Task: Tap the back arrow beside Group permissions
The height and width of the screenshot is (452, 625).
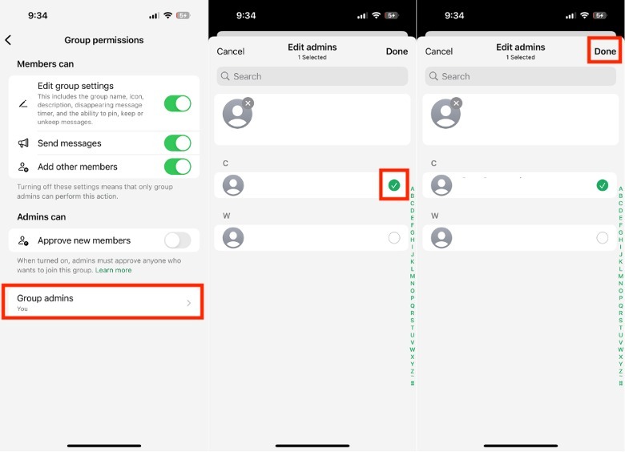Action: (8, 40)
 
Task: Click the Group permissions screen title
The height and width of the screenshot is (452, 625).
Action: (104, 40)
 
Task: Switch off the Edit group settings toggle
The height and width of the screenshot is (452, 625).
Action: (177, 103)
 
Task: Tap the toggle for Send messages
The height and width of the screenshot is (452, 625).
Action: (177, 143)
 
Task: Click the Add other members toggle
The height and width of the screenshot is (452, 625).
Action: (177, 167)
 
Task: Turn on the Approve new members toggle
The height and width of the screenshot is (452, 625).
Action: (177, 240)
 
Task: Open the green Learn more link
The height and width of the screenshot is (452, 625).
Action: (113, 270)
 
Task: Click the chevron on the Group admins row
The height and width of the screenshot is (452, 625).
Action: (189, 303)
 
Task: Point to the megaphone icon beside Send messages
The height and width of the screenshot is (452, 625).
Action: (23, 143)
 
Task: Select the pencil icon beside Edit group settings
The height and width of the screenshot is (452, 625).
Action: (23, 104)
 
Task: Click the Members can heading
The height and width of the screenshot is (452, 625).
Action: (46, 64)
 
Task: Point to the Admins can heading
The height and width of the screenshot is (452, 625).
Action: (42, 217)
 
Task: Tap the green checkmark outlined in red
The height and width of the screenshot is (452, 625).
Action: (393, 185)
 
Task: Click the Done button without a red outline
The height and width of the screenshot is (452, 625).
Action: (397, 51)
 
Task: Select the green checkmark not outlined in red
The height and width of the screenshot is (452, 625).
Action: (603, 185)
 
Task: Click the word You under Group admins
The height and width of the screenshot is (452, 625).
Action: (22, 309)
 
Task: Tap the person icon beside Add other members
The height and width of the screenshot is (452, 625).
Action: (23, 167)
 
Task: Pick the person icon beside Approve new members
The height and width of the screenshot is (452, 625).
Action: (23, 240)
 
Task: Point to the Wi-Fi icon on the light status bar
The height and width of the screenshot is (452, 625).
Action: (168, 15)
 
